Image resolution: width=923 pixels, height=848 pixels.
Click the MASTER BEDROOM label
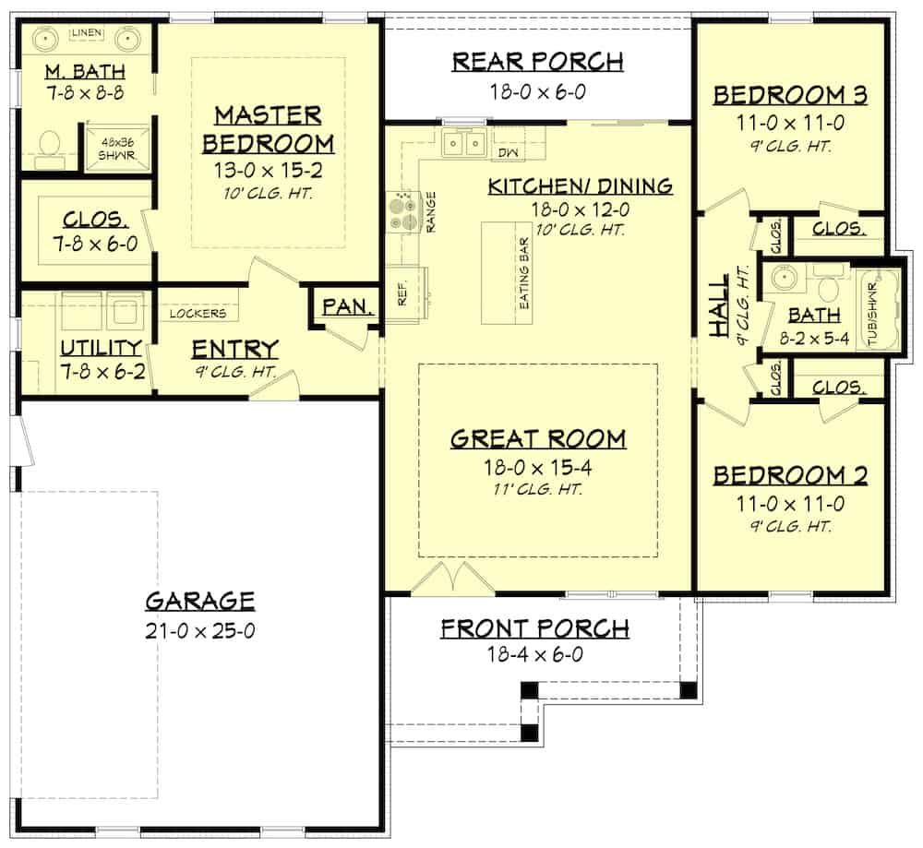268,129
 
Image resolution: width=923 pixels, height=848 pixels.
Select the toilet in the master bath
49,147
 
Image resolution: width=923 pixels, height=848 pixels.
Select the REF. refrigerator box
403,293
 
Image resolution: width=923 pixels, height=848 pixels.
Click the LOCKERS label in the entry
198,314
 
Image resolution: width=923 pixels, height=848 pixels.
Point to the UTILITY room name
101,348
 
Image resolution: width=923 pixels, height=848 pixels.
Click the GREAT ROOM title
538,439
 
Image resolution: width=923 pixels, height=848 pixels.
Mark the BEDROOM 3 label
791,95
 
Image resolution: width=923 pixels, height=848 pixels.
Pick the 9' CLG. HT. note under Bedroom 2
791,527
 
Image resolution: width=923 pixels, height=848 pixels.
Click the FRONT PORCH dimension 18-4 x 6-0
534,654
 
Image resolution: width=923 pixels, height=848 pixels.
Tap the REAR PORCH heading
537,62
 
